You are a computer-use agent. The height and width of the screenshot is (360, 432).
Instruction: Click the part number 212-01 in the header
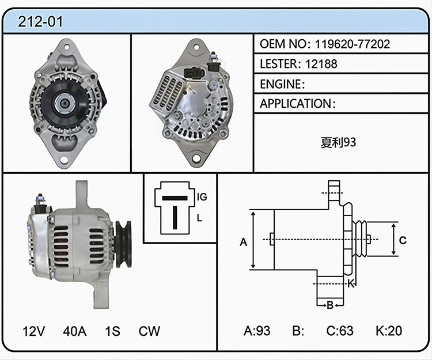[40, 21]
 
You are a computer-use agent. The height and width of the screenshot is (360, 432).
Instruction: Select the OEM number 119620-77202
[353, 44]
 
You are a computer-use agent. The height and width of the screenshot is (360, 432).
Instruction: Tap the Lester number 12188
[321, 64]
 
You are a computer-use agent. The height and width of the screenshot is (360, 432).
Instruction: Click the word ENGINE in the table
[281, 84]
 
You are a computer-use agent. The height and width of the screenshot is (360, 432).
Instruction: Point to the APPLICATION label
[295, 104]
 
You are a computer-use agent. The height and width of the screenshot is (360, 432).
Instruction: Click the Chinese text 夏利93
[338, 142]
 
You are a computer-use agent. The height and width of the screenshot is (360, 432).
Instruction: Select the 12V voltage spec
[33, 331]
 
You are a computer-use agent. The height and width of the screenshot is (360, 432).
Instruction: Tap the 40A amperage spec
[75, 331]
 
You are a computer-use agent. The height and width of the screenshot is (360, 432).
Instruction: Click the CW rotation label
[149, 331]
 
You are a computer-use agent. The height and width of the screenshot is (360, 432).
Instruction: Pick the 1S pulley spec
[112, 331]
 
